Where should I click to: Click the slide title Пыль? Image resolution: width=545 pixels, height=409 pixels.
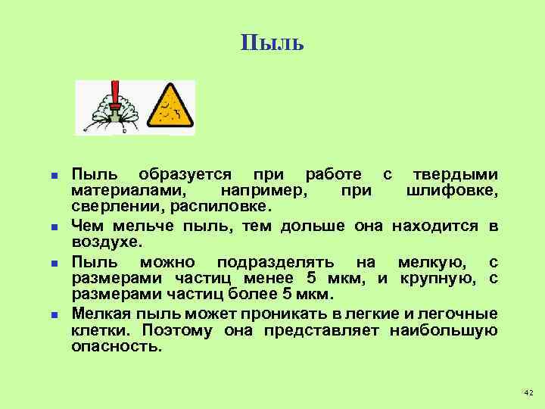[272, 43]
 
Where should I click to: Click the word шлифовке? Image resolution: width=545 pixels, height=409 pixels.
[452, 190]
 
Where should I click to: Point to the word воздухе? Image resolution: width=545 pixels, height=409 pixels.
[105, 242]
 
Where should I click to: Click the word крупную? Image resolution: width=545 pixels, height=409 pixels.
[439, 278]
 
